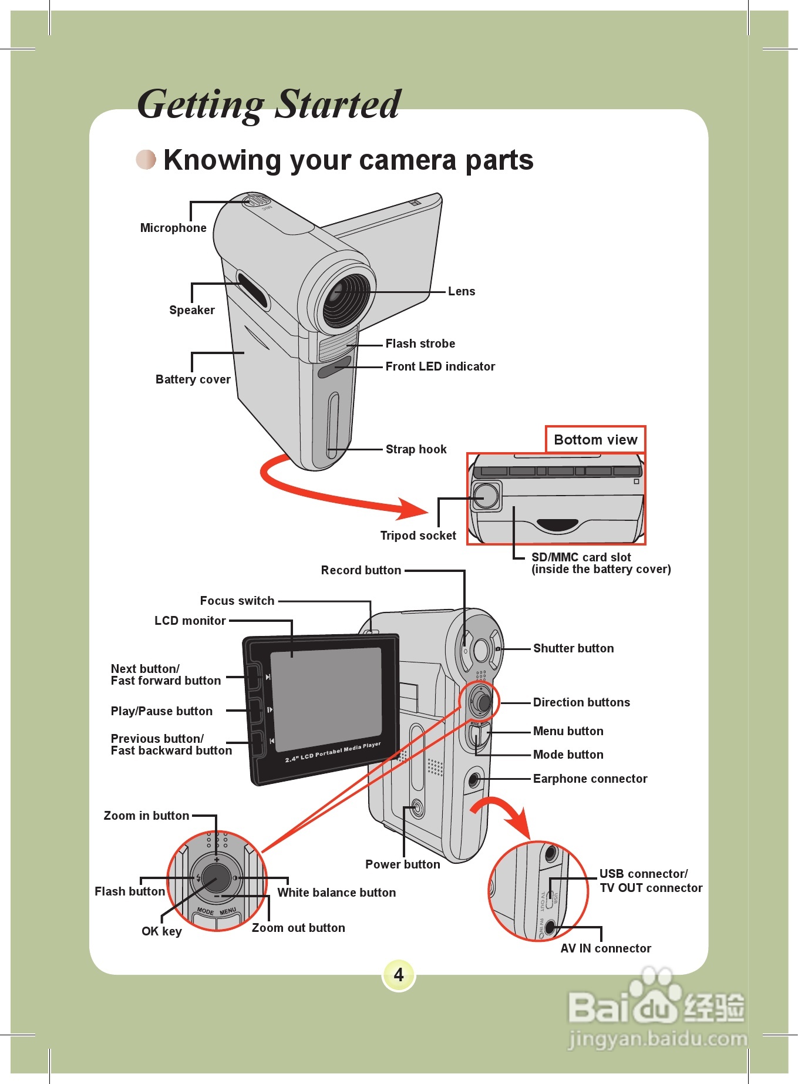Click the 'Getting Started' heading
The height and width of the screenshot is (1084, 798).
pos(269,105)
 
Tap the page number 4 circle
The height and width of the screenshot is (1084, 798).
pos(399,975)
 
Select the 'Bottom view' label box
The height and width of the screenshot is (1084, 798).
pos(595,440)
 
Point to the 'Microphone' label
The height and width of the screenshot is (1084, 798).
pos(173,228)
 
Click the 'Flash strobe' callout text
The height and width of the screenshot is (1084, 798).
pos(420,344)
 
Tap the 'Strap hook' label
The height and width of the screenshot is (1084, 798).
pos(416,449)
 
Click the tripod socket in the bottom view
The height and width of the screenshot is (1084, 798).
pos(486,496)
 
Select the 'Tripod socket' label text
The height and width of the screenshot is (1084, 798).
pos(418,536)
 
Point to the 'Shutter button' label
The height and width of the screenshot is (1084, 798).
pos(573,648)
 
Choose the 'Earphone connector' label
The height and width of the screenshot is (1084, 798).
pos(590,779)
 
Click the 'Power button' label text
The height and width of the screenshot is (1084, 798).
pos(402,864)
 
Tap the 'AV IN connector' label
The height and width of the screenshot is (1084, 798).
pos(605,948)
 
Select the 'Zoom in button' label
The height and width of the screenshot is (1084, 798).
pos(146,816)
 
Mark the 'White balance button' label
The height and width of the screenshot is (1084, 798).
pos(336,893)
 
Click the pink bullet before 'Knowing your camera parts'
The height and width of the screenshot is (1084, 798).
pos(146,159)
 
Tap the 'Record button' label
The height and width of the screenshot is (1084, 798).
pos(361,570)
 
